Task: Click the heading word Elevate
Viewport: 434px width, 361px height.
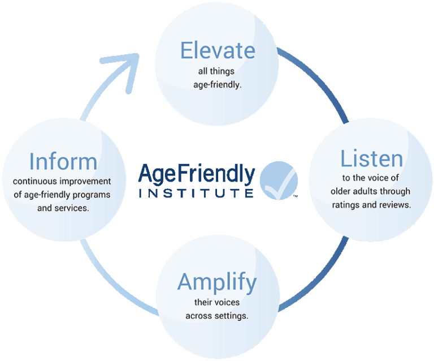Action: click(217, 51)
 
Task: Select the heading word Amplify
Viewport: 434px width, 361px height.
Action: click(217, 282)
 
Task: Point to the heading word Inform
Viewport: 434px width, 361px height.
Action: click(63, 162)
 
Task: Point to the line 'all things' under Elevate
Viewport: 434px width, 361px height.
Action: click(217, 72)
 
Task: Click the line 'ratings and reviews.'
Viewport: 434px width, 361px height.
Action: click(371, 204)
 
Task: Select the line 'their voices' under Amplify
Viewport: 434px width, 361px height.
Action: click(217, 303)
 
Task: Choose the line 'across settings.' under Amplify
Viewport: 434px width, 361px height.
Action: click(217, 315)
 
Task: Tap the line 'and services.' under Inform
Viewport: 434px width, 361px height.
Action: click(63, 207)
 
